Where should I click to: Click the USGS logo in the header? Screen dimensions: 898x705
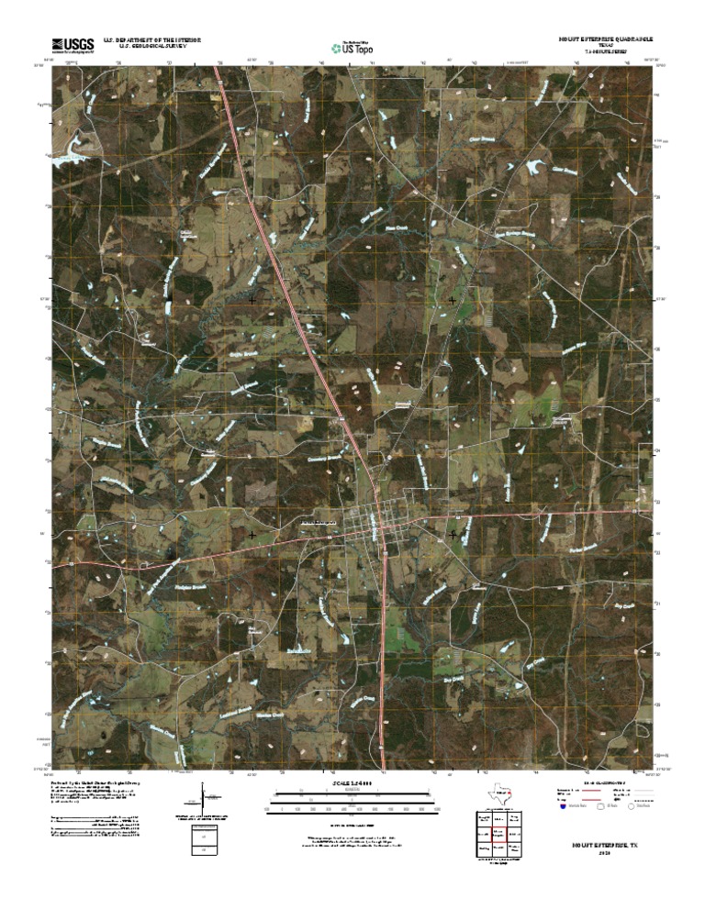73,43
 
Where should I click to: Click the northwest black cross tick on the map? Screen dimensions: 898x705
252,299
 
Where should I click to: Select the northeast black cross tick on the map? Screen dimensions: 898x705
453,299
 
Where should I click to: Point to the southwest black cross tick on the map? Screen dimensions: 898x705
252,533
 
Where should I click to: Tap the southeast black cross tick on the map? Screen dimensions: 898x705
453,533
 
